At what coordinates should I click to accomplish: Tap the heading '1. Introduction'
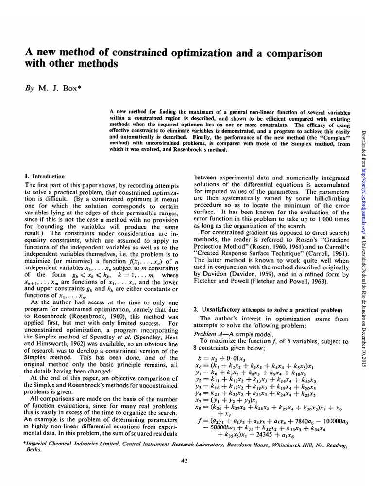coord(44,176)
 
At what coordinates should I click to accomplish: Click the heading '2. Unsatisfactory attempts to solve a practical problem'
coord(268,310)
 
